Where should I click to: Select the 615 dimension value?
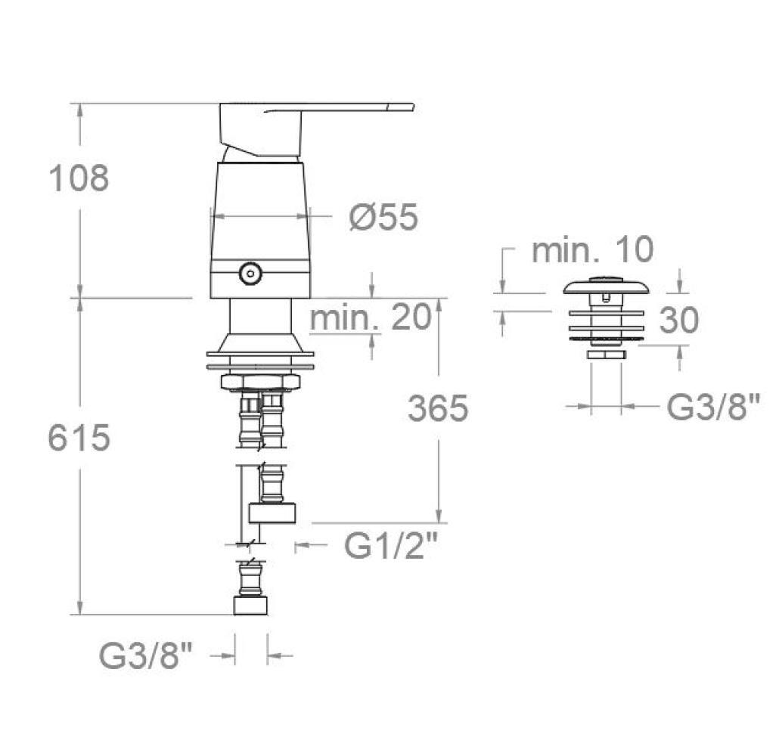click(x=79, y=438)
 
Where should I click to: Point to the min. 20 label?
click(x=371, y=317)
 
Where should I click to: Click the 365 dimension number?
click(x=438, y=407)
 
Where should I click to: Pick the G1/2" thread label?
click(x=393, y=546)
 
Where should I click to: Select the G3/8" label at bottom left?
click(x=145, y=655)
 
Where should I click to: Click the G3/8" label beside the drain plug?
click(x=713, y=406)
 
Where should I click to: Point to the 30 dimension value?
click(x=678, y=320)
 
